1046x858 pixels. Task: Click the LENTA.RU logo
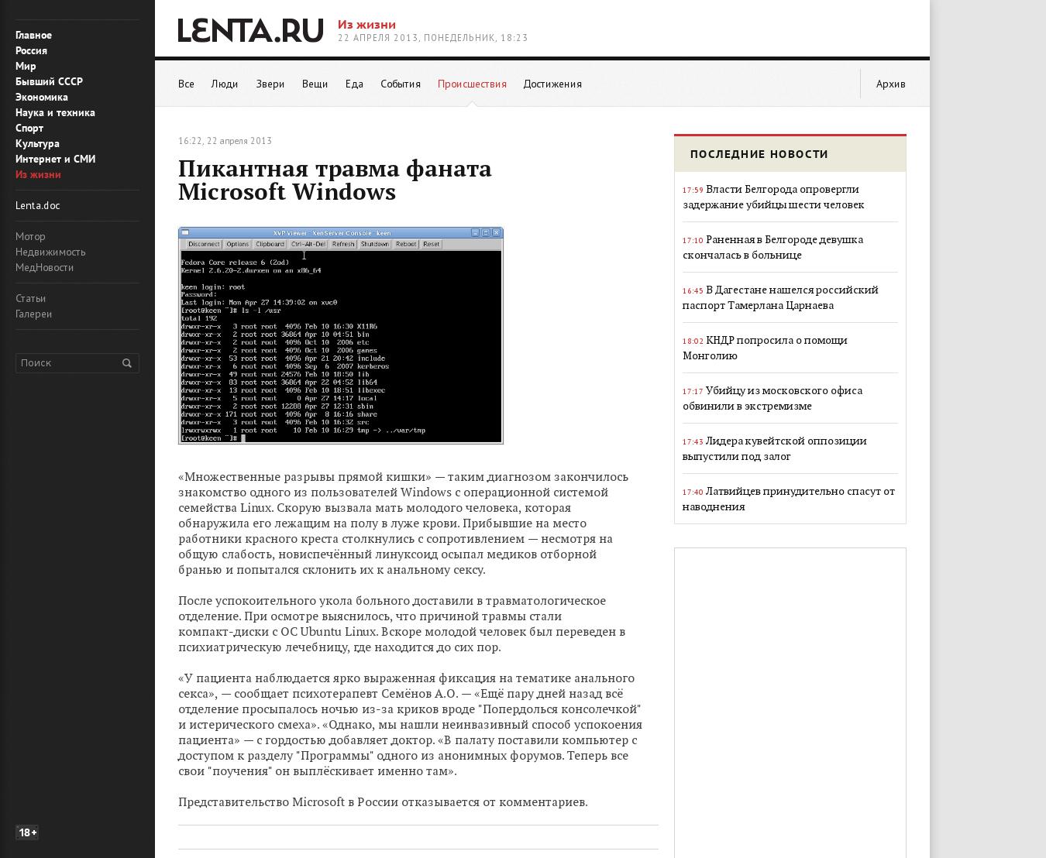pyautogui.click(x=250, y=31)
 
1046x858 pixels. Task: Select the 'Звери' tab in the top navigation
pyautogui.click(x=270, y=84)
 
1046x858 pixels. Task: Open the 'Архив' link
pyautogui.click(x=890, y=84)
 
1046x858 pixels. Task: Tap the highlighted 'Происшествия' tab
pyautogui.click(x=472, y=84)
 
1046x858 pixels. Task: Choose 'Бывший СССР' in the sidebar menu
pyautogui.click(x=49, y=81)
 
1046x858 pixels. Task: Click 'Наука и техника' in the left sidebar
pyautogui.click(x=55, y=112)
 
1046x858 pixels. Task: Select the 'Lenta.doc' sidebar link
pyautogui.click(x=37, y=205)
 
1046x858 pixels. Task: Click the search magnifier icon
pyautogui.click(x=127, y=363)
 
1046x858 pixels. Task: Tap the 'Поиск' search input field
pyautogui.click(x=66, y=363)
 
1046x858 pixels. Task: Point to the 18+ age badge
pyautogui.click(x=27, y=832)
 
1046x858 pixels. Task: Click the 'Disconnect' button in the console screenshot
pyautogui.click(x=204, y=244)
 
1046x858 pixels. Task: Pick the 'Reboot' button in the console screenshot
pyautogui.click(x=405, y=244)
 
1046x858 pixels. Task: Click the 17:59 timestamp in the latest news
pyautogui.click(x=693, y=190)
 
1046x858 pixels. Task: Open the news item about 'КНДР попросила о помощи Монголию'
pyautogui.click(x=765, y=348)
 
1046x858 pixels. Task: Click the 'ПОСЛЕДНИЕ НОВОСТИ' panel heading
pyautogui.click(x=759, y=154)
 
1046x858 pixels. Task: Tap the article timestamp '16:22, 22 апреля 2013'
pyautogui.click(x=225, y=141)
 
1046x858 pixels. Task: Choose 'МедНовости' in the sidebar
pyautogui.click(x=44, y=267)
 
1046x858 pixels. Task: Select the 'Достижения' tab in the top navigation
pyautogui.click(x=552, y=84)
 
